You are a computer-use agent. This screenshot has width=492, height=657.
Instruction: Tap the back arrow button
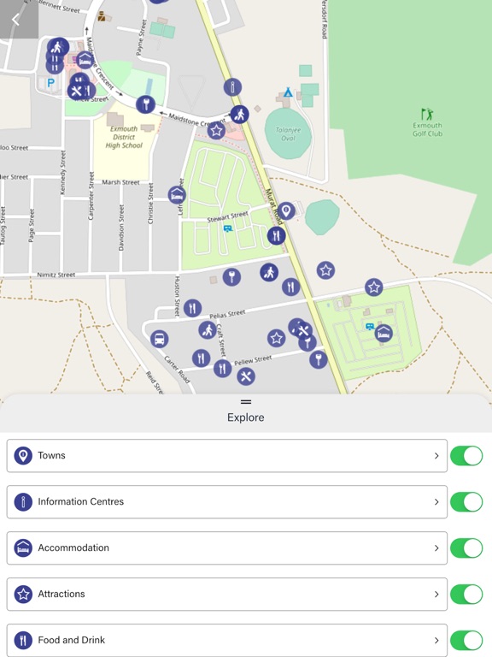tap(15, 19)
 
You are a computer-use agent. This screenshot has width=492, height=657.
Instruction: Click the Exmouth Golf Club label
tap(427, 129)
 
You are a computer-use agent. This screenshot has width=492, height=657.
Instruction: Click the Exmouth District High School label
tap(124, 137)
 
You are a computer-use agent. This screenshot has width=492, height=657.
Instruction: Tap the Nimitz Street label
tap(56, 275)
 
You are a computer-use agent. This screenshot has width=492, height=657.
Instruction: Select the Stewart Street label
tap(227, 217)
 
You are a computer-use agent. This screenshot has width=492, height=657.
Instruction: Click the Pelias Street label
tap(225, 313)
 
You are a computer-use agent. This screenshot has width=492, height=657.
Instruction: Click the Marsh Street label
tap(120, 182)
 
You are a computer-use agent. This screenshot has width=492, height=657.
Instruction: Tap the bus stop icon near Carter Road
tap(159, 340)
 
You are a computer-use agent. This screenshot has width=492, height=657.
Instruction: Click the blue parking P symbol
tap(50, 83)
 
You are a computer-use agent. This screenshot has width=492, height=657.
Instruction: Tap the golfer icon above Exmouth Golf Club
tap(427, 114)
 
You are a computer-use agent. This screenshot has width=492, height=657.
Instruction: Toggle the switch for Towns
tap(466, 456)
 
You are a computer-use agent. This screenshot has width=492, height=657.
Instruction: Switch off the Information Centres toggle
tap(466, 502)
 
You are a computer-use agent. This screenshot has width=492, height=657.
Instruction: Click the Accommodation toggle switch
tap(466, 548)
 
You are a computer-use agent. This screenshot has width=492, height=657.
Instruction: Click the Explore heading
tap(246, 417)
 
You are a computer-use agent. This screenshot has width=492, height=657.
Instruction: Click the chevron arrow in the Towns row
tap(436, 456)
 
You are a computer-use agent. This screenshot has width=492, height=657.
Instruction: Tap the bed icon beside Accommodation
tap(23, 547)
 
